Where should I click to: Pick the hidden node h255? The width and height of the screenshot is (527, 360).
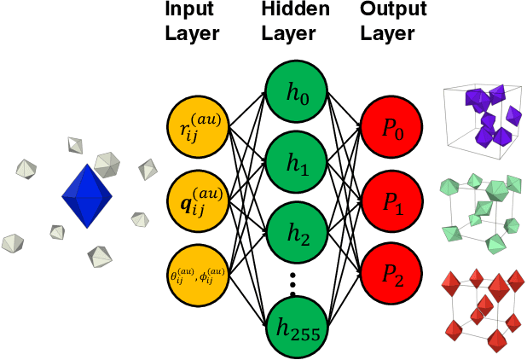click(292, 324)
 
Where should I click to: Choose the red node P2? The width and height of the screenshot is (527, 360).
click(389, 273)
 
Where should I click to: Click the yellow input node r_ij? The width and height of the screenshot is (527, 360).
click(198, 128)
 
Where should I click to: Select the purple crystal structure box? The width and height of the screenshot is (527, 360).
click(482, 119)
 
